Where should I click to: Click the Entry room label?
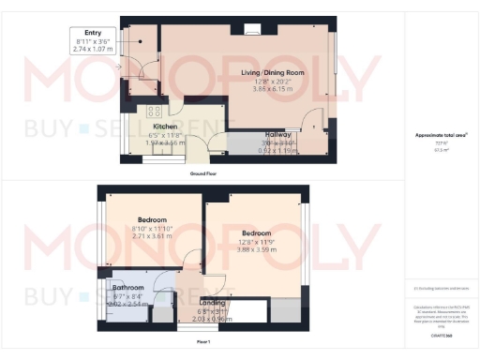tap(93, 32)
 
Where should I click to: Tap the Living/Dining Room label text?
tap(273, 72)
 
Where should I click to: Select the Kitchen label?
tap(166, 127)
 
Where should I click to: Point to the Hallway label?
tap(278, 134)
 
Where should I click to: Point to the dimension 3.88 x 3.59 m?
tap(256, 249)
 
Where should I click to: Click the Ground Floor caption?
tap(203, 173)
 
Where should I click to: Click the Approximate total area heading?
tap(441, 135)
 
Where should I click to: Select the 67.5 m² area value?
tap(441, 148)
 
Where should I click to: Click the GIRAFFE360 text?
tap(441, 333)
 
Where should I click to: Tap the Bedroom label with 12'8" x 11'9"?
tap(256, 232)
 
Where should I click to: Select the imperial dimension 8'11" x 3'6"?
tap(93, 40)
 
